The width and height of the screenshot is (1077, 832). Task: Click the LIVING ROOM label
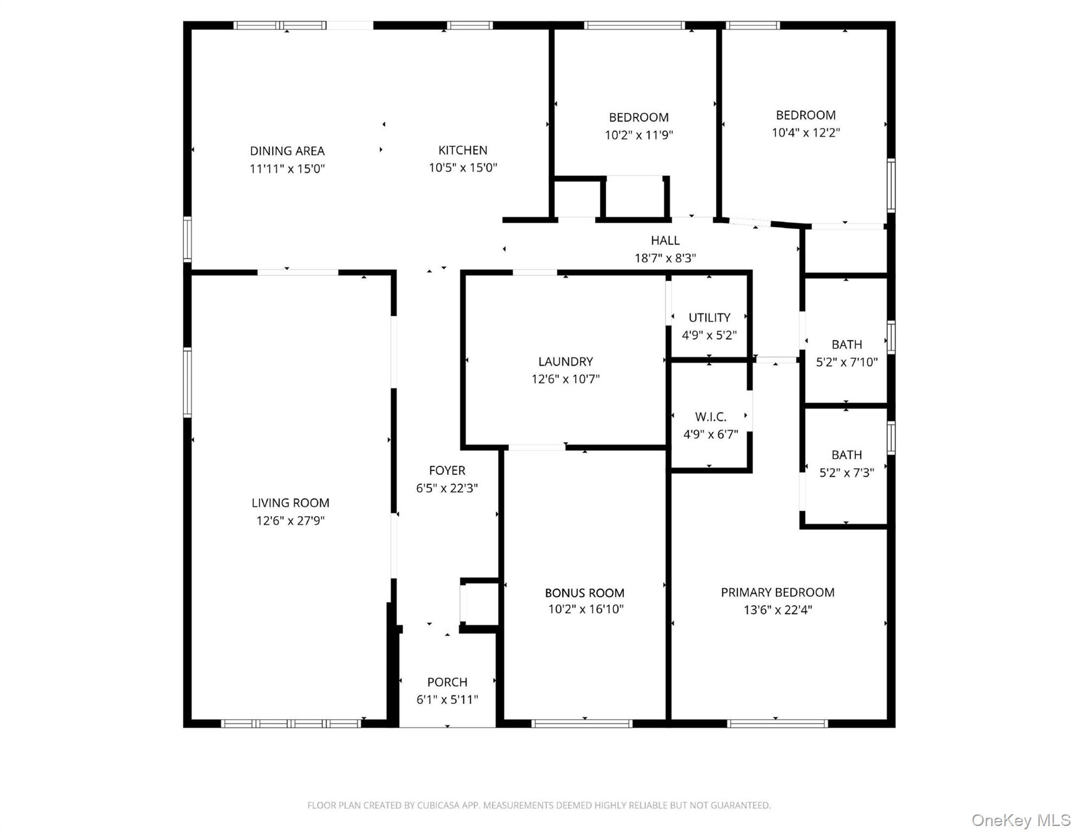tap(290, 503)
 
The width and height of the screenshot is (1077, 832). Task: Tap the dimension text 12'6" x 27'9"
tap(290, 521)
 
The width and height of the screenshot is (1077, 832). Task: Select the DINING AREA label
tap(287, 151)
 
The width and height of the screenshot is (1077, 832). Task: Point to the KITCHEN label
tap(463, 150)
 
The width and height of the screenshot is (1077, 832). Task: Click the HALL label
tap(665, 240)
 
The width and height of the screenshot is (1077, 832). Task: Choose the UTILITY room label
tap(709, 317)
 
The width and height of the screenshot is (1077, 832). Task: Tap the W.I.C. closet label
tap(710, 417)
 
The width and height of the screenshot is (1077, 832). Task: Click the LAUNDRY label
tap(565, 361)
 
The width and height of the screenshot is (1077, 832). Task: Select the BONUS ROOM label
tap(585, 593)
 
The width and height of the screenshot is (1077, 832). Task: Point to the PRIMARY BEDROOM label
tap(777, 592)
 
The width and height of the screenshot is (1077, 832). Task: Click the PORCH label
tap(447, 682)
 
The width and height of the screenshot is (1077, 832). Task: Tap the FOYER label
tap(447, 470)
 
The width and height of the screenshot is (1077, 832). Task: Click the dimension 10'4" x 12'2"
tap(806, 132)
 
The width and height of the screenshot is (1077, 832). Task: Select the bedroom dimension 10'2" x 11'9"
tap(639, 134)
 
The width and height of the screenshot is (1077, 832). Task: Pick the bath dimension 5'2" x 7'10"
tap(847, 362)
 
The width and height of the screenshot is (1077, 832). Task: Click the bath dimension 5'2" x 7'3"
tap(847, 472)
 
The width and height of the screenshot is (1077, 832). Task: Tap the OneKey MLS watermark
tap(1021, 820)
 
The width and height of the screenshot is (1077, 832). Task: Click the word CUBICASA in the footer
tap(439, 805)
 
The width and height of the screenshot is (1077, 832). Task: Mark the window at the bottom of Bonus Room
tap(582, 723)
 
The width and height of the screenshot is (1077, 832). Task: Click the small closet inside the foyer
tap(480, 603)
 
